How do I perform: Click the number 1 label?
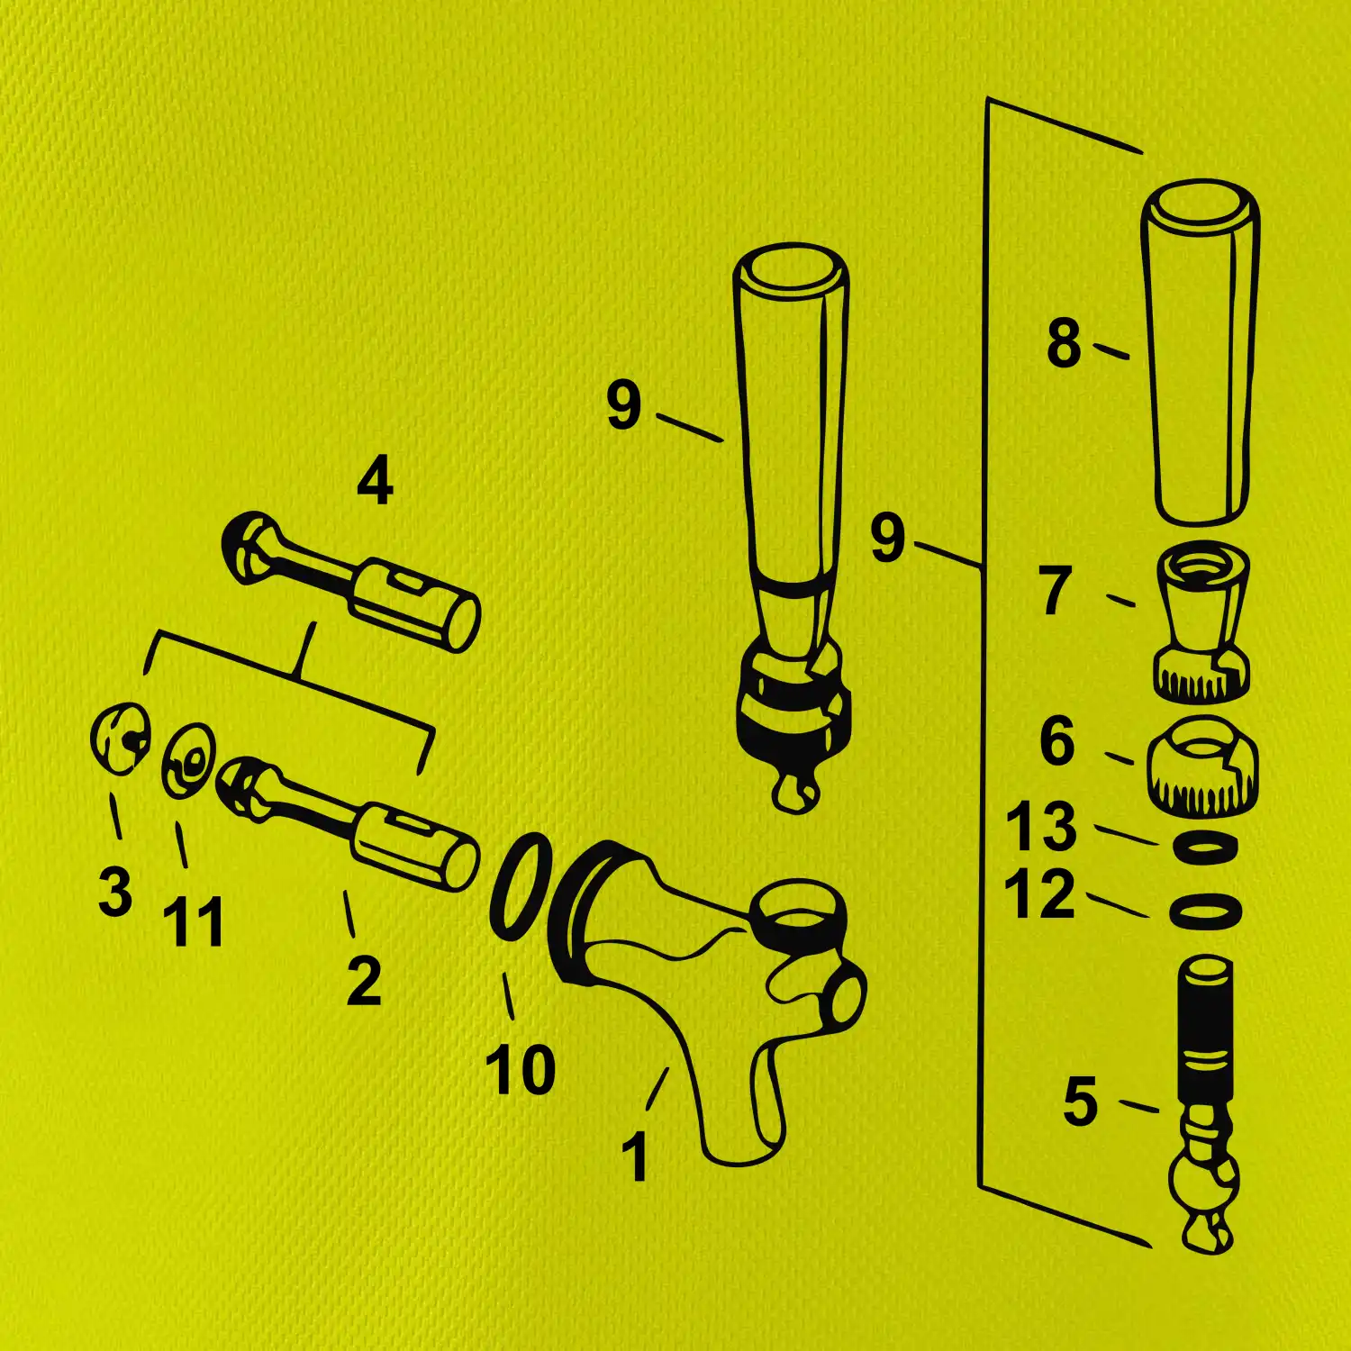(636, 1156)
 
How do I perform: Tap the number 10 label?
(521, 1070)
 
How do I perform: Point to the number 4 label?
(375, 481)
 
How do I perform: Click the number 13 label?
(1041, 826)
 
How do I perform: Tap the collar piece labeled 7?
(1201, 621)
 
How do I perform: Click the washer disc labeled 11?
(189, 760)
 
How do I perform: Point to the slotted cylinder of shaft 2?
(416, 846)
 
